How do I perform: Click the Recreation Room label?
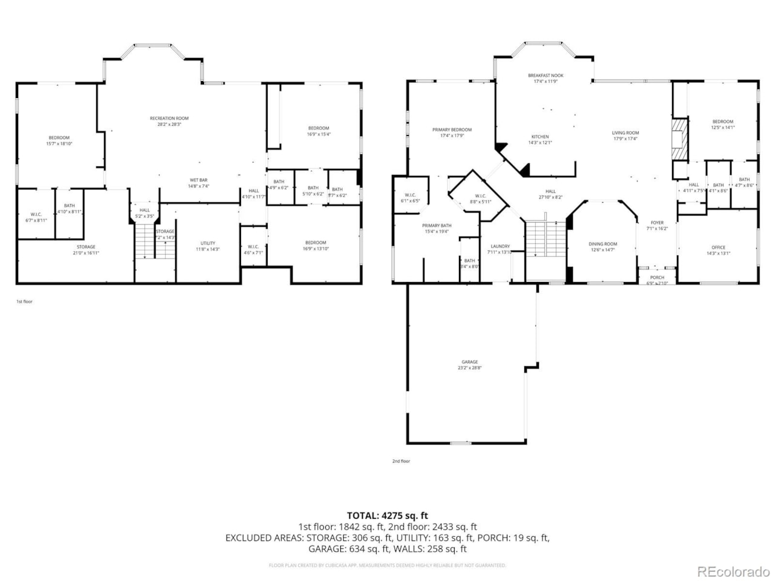pos(169,119)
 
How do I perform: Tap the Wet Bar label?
pos(199,180)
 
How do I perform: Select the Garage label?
pos(470,362)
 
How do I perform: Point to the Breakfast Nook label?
pos(546,76)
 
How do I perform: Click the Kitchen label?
pos(540,137)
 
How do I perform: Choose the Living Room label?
pos(625,133)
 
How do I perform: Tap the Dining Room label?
pos(602,244)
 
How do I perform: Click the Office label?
pos(718,248)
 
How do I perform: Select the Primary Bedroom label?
pos(452,130)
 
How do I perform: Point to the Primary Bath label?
pos(437,226)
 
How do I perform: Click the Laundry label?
pos(500,246)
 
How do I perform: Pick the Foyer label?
pos(657,223)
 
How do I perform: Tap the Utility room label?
pos(208,243)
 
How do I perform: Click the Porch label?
pos(657,277)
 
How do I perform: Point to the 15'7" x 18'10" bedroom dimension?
pos(59,144)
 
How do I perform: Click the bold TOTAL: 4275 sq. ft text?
pos(387,516)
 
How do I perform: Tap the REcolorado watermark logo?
pos(733,571)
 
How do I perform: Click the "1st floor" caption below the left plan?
pos(24,301)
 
